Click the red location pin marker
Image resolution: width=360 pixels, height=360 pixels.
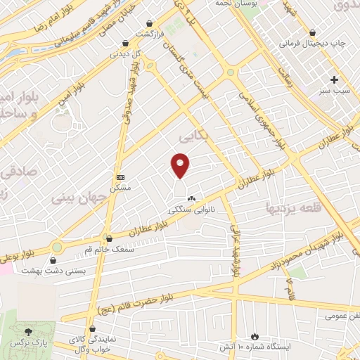(x=181, y=165)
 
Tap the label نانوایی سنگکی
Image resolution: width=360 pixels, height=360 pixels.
(x=192, y=209)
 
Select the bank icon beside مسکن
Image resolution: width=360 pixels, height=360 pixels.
(x=120, y=177)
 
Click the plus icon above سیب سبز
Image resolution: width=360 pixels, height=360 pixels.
(x=335, y=79)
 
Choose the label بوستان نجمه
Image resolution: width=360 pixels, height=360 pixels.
(x=251, y=4)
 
